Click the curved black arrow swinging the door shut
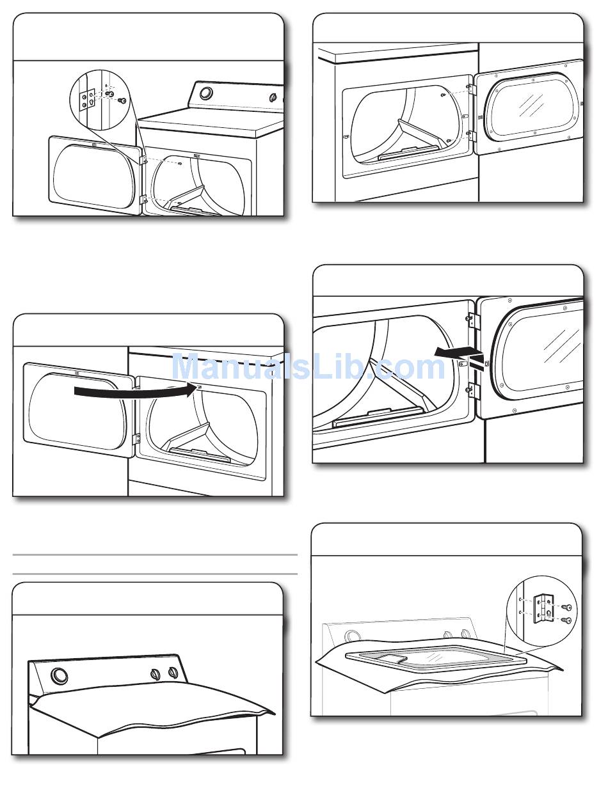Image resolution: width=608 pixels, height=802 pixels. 135,391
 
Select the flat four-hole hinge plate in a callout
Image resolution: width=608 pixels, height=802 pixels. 88,99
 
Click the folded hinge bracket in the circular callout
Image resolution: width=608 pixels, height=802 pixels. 543,609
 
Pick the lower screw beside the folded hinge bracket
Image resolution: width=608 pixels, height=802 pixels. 566,620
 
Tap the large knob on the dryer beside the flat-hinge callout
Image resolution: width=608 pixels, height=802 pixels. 205,93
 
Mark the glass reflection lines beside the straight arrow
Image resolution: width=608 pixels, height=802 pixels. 561,345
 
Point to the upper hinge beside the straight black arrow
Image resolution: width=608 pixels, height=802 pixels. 474,321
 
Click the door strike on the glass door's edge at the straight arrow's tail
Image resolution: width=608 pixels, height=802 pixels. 486,363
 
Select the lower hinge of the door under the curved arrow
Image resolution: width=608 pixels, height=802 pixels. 138,437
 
